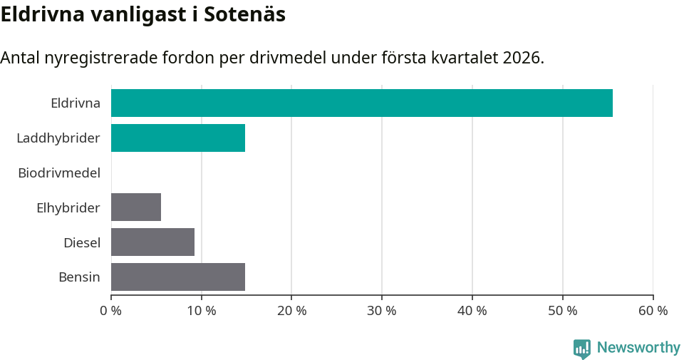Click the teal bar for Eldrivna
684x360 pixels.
(361, 103)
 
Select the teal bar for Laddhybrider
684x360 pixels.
(178, 138)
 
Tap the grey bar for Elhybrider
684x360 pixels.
(136, 207)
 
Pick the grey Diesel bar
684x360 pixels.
(152, 242)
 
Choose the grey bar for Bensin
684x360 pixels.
(178, 277)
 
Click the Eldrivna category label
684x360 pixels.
(76, 103)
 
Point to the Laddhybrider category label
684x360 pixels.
(58, 138)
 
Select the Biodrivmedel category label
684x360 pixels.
(59, 173)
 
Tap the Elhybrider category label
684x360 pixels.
(68, 207)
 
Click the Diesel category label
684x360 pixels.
(82, 242)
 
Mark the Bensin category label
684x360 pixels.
(79, 277)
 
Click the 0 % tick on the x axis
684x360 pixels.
(111, 311)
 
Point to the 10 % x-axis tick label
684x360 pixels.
(202, 311)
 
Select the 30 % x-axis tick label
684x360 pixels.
(382, 311)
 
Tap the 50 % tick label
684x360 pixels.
(563, 311)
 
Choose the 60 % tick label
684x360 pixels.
(653, 311)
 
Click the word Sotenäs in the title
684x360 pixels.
(244, 14)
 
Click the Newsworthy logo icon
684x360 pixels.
(582, 348)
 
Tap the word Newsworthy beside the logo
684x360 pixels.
(638, 348)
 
